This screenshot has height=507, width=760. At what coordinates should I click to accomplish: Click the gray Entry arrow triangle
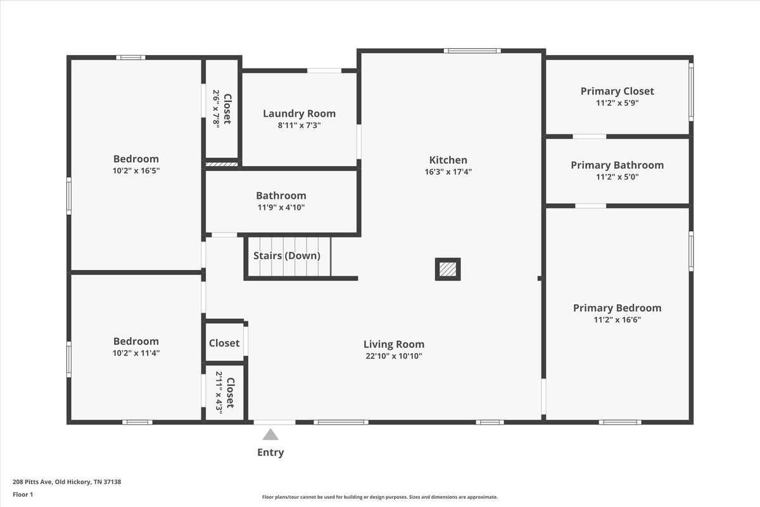coord(270,434)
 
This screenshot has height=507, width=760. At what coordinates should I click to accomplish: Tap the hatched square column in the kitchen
coord(448,269)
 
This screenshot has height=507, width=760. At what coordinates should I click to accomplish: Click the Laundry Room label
coord(299,113)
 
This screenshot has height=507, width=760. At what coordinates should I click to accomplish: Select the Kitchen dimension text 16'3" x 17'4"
coord(448,172)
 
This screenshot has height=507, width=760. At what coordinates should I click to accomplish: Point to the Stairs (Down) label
coord(287,255)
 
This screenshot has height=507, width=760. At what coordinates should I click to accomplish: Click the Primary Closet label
coord(617,91)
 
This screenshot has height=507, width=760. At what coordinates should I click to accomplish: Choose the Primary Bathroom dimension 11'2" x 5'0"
coord(617,177)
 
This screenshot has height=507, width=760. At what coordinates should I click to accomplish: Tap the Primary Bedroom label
coord(617,308)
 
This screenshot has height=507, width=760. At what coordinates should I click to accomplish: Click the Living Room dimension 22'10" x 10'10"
coord(394,356)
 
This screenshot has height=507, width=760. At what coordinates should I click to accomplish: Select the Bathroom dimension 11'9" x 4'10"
coord(281,207)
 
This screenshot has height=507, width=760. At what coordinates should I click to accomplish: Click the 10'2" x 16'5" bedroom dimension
coord(136,170)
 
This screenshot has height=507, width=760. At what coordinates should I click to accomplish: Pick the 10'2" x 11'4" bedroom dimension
coord(136,353)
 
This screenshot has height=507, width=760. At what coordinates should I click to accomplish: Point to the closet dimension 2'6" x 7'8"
coord(217,108)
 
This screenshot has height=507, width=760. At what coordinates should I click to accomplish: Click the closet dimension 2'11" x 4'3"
coord(219,393)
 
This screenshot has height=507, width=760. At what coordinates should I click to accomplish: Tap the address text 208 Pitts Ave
coord(32,482)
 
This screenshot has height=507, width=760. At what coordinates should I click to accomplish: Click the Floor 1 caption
coord(23,494)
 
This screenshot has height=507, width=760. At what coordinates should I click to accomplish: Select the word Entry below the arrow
coord(270,452)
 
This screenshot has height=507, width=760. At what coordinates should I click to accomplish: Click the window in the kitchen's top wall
coord(472,51)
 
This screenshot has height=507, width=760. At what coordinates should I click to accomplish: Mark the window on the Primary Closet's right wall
coord(691,92)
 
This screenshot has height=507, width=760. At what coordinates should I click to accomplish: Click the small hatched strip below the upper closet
coord(222,164)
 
